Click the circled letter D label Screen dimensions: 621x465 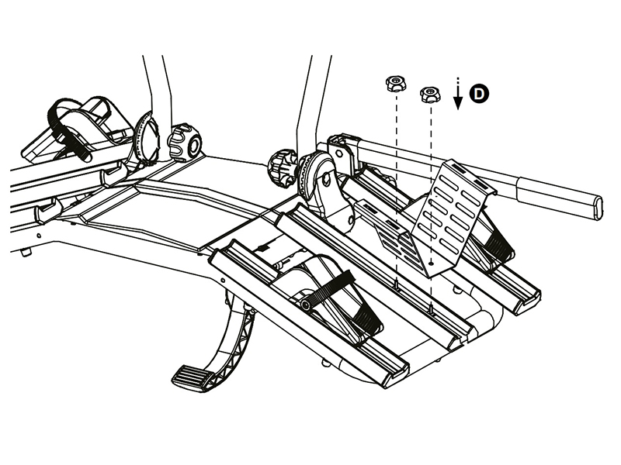pos(479,94)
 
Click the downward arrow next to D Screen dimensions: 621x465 pos(458,93)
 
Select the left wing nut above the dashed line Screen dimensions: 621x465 pos(395,84)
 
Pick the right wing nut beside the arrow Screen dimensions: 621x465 pos(430,95)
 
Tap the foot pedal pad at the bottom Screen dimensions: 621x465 pos(193,378)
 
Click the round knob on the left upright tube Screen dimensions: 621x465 pos(185,143)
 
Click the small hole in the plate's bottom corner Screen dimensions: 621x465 pos(432,262)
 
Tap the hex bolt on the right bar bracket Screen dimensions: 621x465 pos(339,153)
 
